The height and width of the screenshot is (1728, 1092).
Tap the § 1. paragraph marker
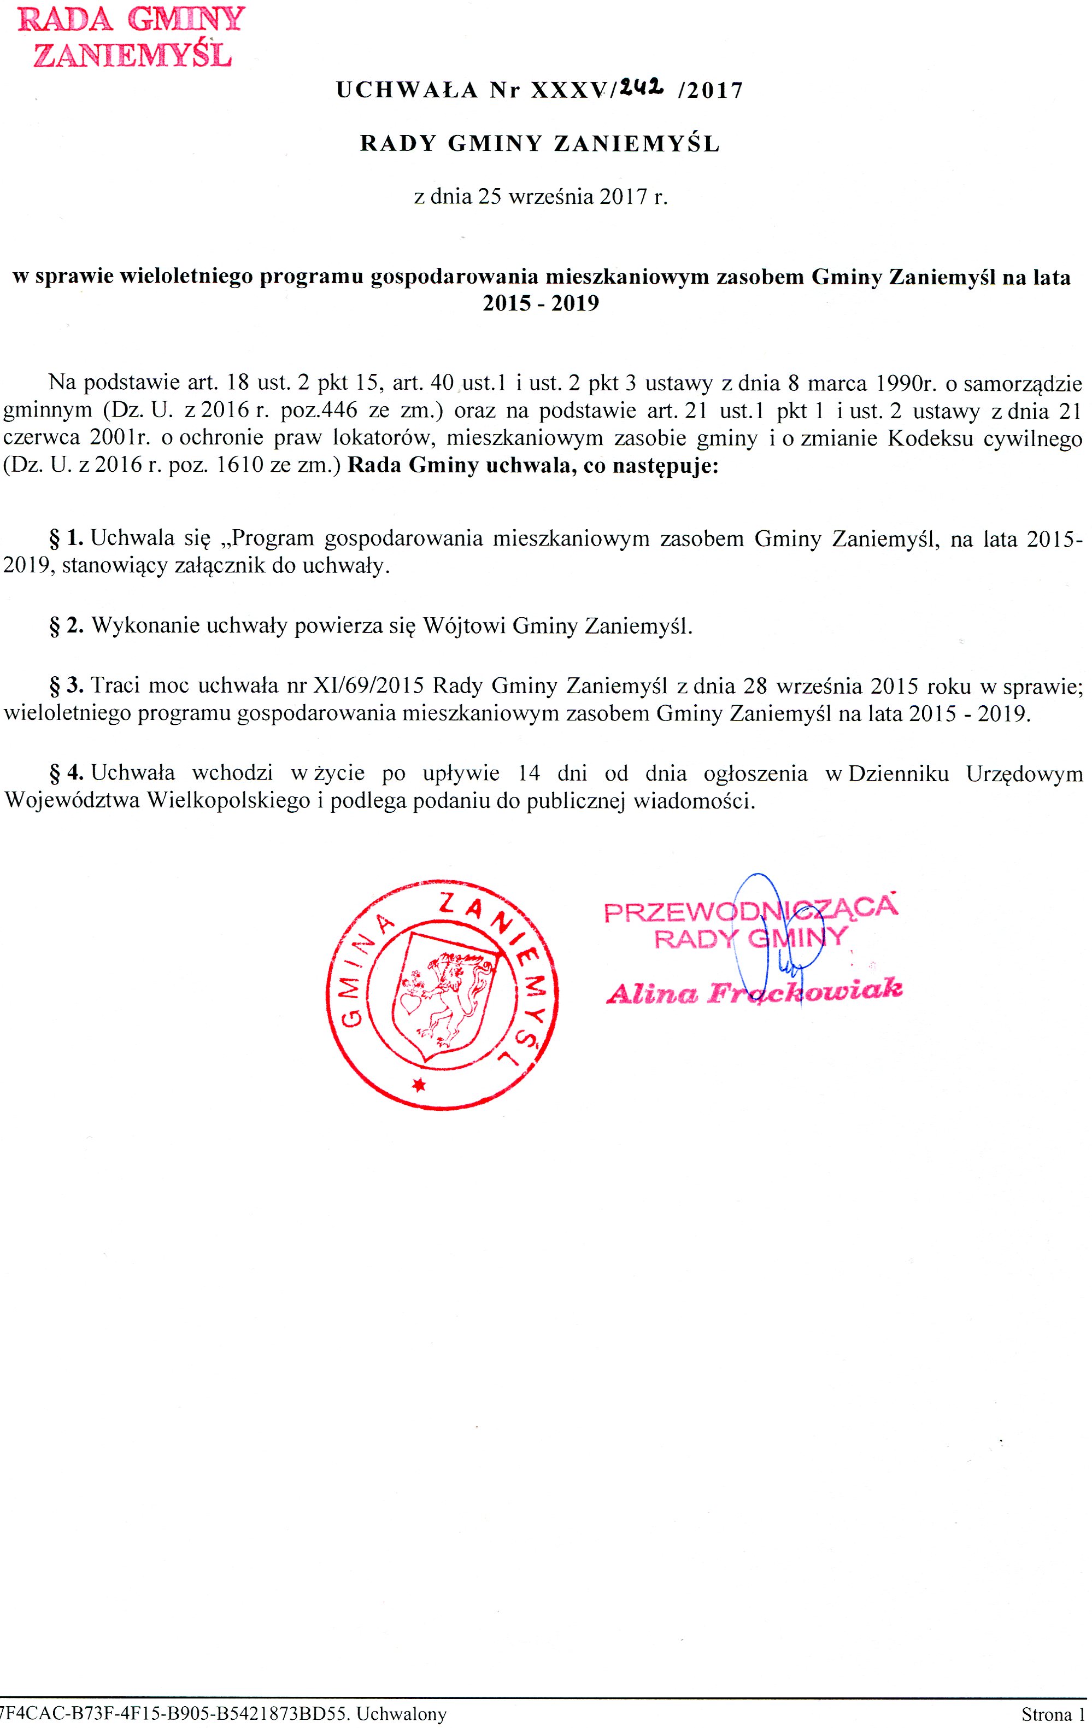coord(67,537)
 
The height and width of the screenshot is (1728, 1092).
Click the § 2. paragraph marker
coord(67,626)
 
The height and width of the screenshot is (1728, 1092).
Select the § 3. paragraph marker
coord(67,686)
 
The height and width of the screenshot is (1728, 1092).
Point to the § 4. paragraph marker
coord(67,773)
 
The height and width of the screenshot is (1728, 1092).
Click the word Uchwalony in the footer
coord(401,1714)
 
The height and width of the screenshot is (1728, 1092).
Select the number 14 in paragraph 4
coord(528,773)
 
